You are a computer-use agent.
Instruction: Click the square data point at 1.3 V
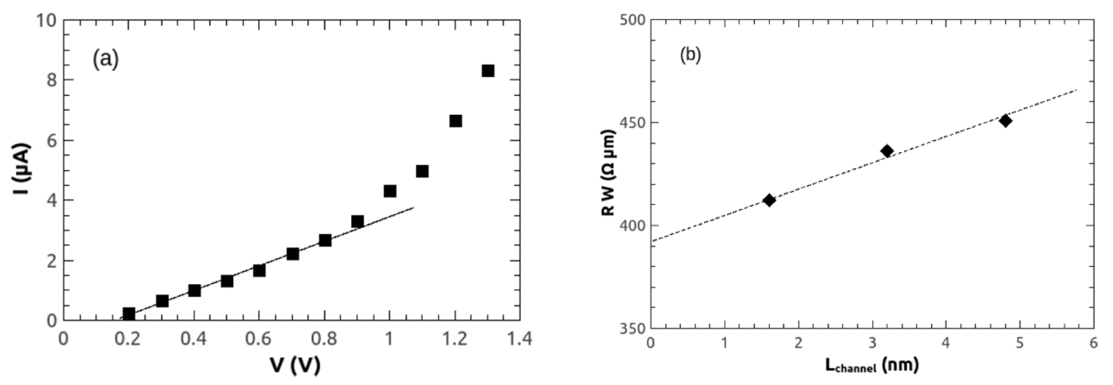click(488, 71)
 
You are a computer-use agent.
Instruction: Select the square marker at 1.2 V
click(456, 121)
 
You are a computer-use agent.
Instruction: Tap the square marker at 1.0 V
click(390, 191)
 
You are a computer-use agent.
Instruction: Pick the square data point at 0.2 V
click(129, 313)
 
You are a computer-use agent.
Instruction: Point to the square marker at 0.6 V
click(259, 270)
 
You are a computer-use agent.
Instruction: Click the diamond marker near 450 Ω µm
click(1006, 121)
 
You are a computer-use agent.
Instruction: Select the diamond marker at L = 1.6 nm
click(769, 200)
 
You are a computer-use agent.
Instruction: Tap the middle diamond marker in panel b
click(887, 151)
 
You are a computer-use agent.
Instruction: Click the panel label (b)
click(690, 55)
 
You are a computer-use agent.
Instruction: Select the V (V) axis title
click(296, 365)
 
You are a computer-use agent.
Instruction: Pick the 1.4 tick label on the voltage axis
click(519, 339)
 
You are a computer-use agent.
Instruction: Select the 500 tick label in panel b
click(632, 20)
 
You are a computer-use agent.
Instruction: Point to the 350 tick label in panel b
click(632, 328)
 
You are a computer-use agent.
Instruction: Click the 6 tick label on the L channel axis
click(1093, 343)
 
